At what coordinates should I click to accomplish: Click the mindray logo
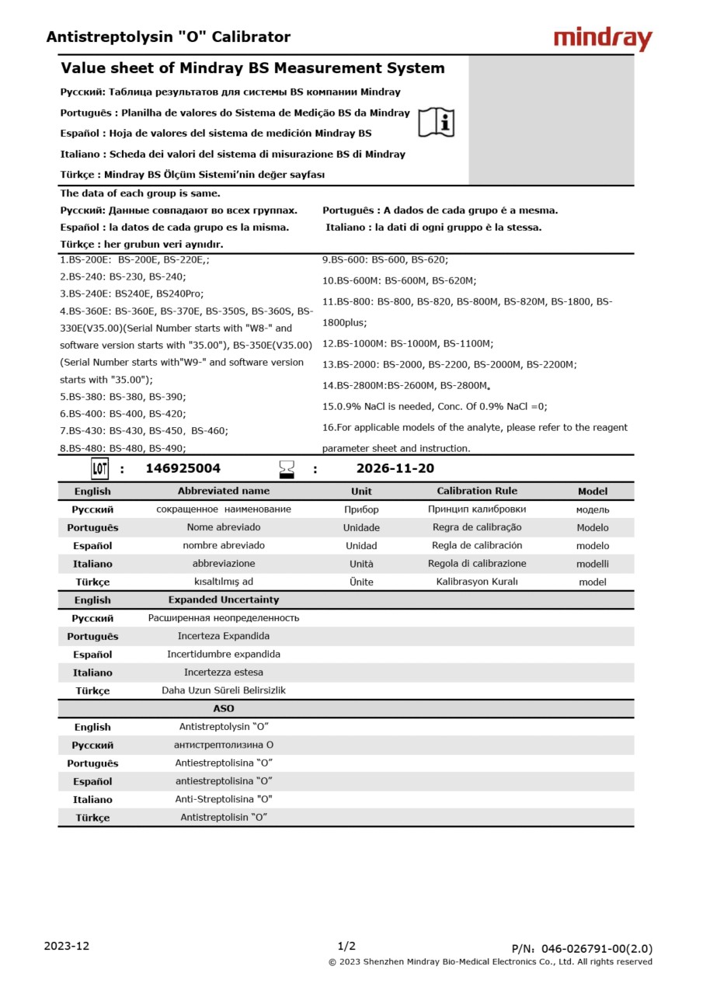pyautogui.click(x=603, y=38)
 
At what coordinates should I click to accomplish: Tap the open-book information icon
pyautogui.click(x=437, y=123)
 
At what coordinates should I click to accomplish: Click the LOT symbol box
pyautogui.click(x=100, y=468)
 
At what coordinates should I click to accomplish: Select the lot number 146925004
pyautogui.click(x=183, y=468)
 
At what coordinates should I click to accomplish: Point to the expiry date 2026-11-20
pyautogui.click(x=395, y=468)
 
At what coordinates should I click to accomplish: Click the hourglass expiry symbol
pyautogui.click(x=287, y=469)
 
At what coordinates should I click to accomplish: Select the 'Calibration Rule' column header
pyautogui.click(x=477, y=491)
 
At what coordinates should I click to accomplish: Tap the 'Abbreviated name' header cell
pyautogui.click(x=224, y=491)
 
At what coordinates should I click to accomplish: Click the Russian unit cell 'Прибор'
pyautogui.click(x=361, y=509)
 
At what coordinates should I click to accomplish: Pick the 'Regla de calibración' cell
pyautogui.click(x=477, y=545)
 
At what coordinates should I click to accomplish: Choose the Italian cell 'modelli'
pyautogui.click(x=593, y=564)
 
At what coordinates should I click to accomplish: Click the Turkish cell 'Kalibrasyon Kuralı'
pyautogui.click(x=477, y=582)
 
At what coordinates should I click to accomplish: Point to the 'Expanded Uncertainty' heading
pyautogui.click(x=224, y=600)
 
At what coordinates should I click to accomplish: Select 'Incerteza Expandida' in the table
pyautogui.click(x=224, y=636)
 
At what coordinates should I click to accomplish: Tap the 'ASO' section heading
pyautogui.click(x=224, y=708)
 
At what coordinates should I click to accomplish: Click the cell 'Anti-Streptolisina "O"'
pyautogui.click(x=224, y=799)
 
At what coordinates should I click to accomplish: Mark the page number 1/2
pyautogui.click(x=346, y=946)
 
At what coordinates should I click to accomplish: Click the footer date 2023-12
pyautogui.click(x=67, y=946)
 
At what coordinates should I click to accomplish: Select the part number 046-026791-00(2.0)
pyautogui.click(x=597, y=948)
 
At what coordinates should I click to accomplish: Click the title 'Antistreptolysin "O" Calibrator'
pyautogui.click(x=169, y=36)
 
